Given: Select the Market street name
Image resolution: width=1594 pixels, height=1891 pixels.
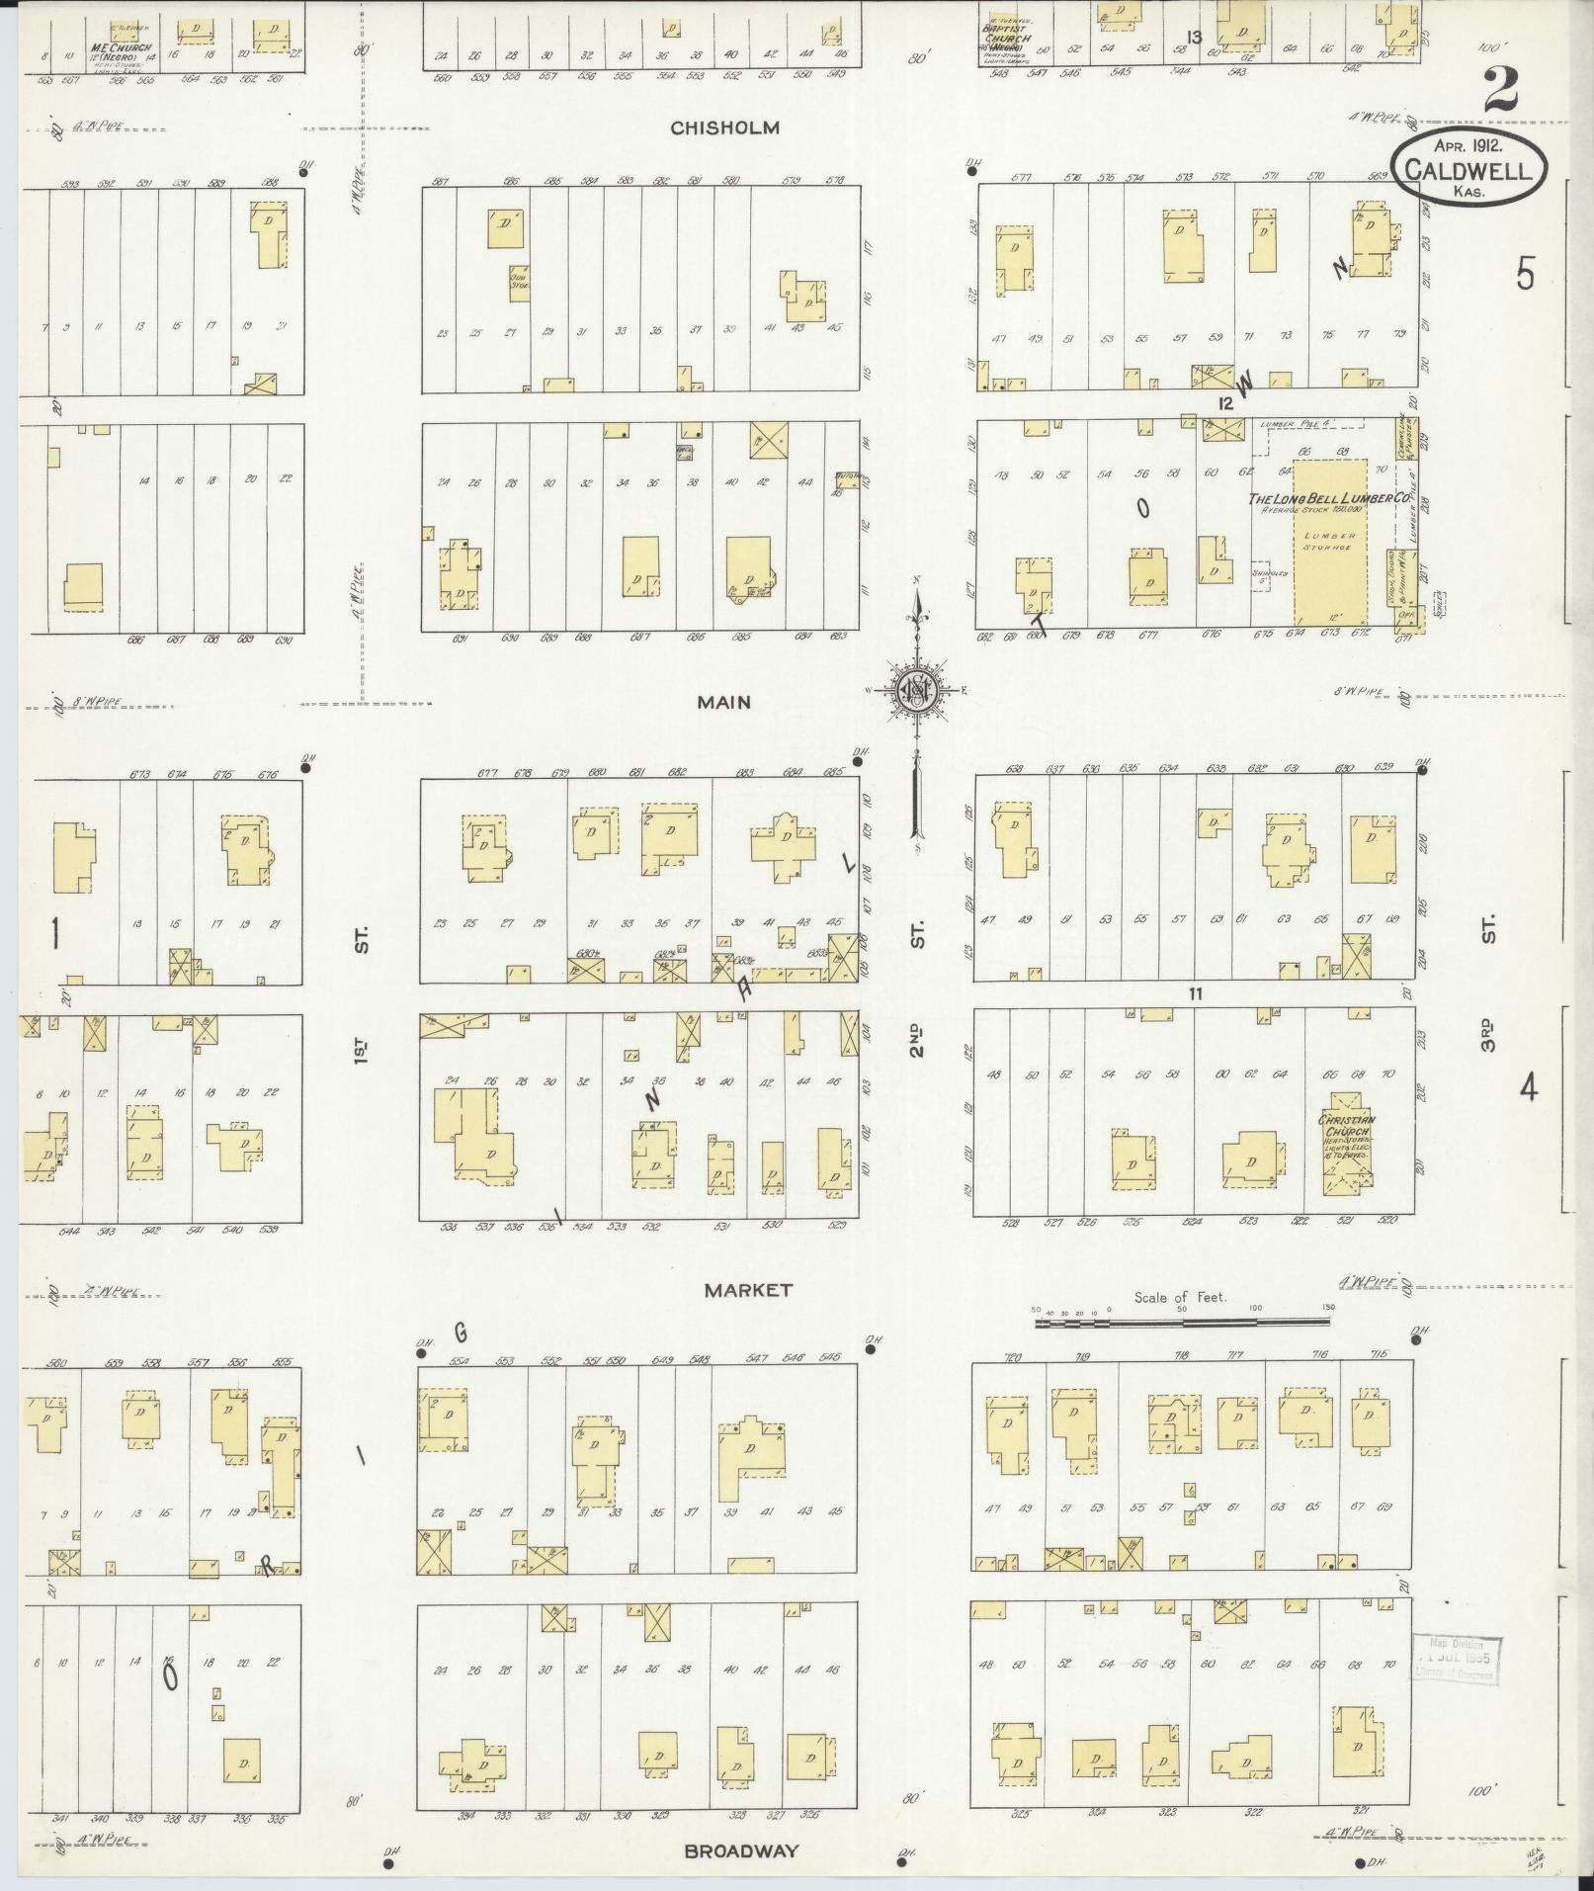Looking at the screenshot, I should pos(748,1290).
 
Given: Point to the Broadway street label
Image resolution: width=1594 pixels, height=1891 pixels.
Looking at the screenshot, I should pos(741,1851).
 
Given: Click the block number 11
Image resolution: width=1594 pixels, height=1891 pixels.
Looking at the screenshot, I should pos(1195,993).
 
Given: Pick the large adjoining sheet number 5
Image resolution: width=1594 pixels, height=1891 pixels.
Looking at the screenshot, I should pos(1525,273).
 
